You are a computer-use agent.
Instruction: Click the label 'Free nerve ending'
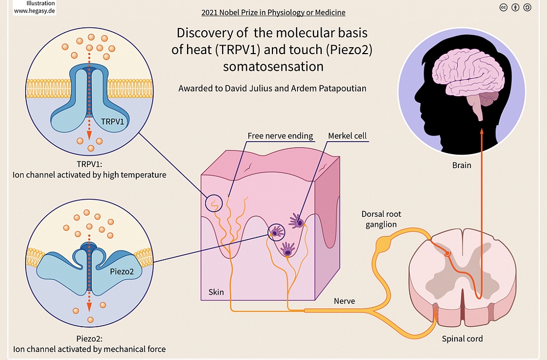(x=280, y=136)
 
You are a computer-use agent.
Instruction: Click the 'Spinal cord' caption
(x=462, y=339)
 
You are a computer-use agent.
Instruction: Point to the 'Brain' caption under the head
(x=462, y=164)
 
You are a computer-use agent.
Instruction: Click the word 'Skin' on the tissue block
(x=216, y=292)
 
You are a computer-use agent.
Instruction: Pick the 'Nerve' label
(x=344, y=301)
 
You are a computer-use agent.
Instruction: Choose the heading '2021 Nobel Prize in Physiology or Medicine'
(x=273, y=12)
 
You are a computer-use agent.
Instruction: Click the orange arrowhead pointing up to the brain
(x=481, y=131)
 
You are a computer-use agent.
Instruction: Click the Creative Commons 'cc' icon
(x=503, y=7)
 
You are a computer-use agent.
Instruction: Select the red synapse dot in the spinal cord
(x=447, y=253)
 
